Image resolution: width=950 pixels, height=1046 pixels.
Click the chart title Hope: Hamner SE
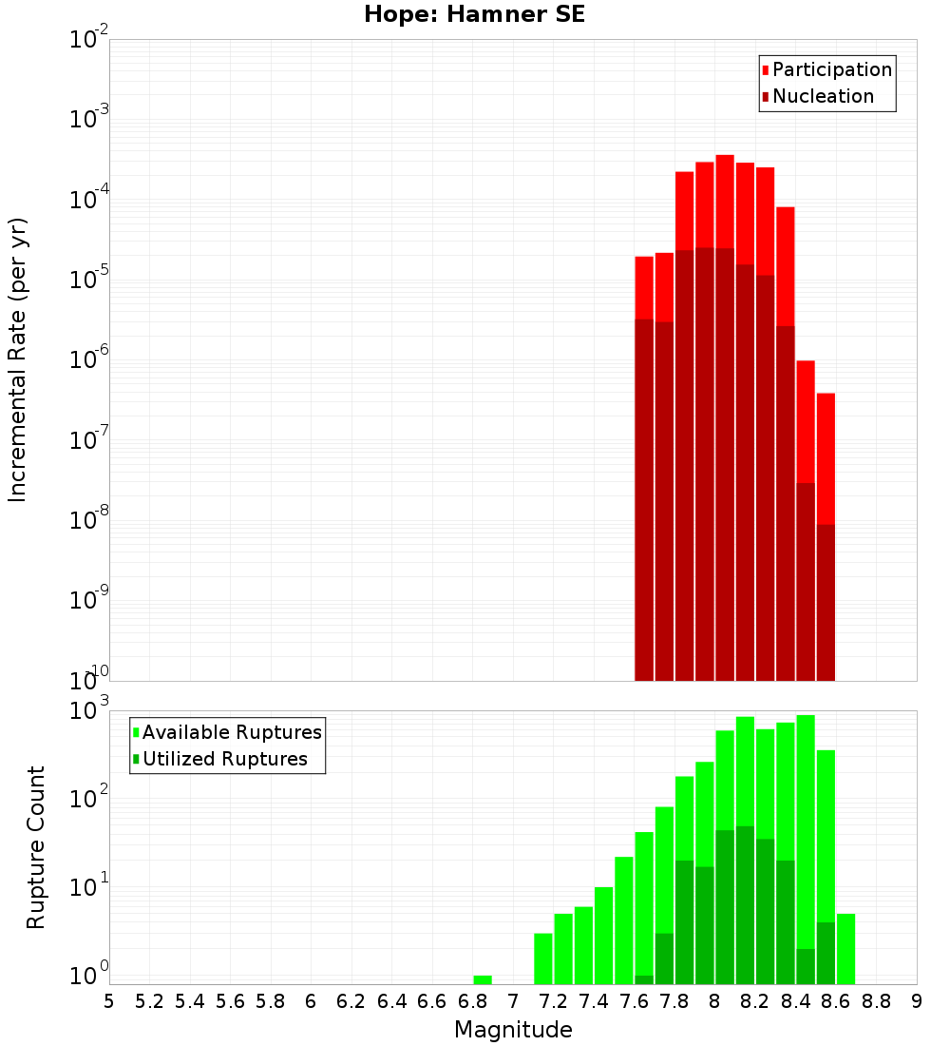pyautogui.click(x=475, y=14)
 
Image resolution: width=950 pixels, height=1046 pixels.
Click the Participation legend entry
pyautogui.click(x=826, y=69)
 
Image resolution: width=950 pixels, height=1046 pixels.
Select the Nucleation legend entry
pyautogui.click(x=817, y=96)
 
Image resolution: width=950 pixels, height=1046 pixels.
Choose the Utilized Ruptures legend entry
pyautogui.click(x=218, y=759)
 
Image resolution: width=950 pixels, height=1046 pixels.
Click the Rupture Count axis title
pyautogui.click(x=36, y=847)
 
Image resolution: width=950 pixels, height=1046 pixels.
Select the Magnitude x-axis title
pyautogui.click(x=513, y=1030)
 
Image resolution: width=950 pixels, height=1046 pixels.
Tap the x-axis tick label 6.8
pyautogui.click(x=472, y=1001)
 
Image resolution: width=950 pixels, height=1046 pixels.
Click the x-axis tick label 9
pyautogui.click(x=916, y=1001)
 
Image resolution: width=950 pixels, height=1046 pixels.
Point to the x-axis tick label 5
pyautogui.click(x=109, y=1001)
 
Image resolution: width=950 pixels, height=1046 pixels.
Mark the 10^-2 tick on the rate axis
pyautogui.click(x=89, y=40)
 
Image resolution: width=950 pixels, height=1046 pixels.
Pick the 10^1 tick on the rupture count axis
pyautogui.click(x=89, y=887)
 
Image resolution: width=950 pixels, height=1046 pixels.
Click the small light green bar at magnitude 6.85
pyautogui.click(x=483, y=979)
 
